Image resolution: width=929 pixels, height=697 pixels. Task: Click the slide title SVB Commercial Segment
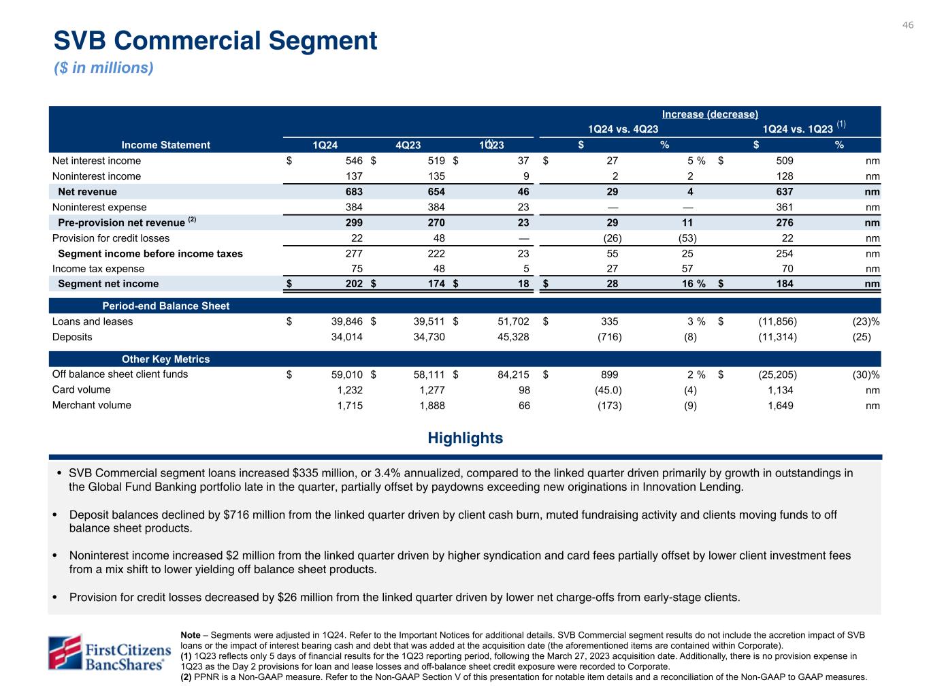coord(215,41)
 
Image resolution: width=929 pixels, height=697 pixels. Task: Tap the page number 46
coord(908,25)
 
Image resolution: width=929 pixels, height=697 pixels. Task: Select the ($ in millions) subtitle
coord(103,68)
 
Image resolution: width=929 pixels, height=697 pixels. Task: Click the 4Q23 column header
coord(408,145)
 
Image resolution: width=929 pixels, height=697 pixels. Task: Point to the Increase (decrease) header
coord(710,114)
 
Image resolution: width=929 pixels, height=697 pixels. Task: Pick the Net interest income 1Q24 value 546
coord(353,161)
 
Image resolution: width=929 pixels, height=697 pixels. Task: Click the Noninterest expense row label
coord(99,208)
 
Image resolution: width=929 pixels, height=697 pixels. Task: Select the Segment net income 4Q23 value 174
coord(436,284)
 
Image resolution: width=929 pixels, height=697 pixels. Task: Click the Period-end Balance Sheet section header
coord(165,306)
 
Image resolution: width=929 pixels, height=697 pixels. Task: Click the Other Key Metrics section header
coord(165,359)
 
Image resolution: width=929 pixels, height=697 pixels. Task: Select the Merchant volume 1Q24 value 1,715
coord(350,406)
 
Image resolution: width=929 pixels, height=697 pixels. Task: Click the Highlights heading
coord(465,438)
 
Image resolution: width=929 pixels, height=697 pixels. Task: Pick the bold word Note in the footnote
coord(191,634)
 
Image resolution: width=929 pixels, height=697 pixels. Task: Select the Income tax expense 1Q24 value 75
coord(356,269)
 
